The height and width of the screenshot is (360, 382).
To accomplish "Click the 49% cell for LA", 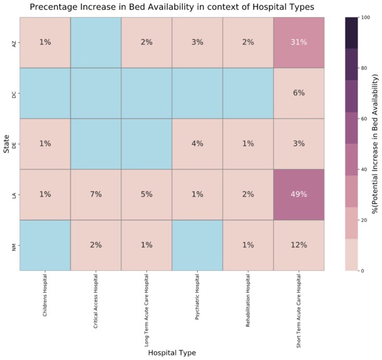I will click(x=298, y=194).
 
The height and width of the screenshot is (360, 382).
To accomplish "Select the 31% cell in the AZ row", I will click(x=298, y=42).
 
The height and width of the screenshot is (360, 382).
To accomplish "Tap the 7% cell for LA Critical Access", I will click(x=95, y=194).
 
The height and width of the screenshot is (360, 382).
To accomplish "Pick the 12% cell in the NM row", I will click(x=298, y=245).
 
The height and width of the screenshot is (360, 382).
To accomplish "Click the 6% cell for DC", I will click(x=298, y=93).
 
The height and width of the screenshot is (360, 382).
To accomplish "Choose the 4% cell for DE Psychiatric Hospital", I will click(x=197, y=143).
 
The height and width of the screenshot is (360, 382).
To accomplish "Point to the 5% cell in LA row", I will click(x=146, y=194).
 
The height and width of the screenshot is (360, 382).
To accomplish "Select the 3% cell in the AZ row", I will click(x=197, y=42).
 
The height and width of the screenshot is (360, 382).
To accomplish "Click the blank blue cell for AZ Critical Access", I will click(x=95, y=42).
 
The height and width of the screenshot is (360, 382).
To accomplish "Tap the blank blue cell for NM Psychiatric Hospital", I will click(x=197, y=245).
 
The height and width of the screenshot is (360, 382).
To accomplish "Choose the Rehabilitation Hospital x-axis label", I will click(x=248, y=298).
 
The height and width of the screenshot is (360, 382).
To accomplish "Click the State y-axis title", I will click(x=6, y=144).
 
